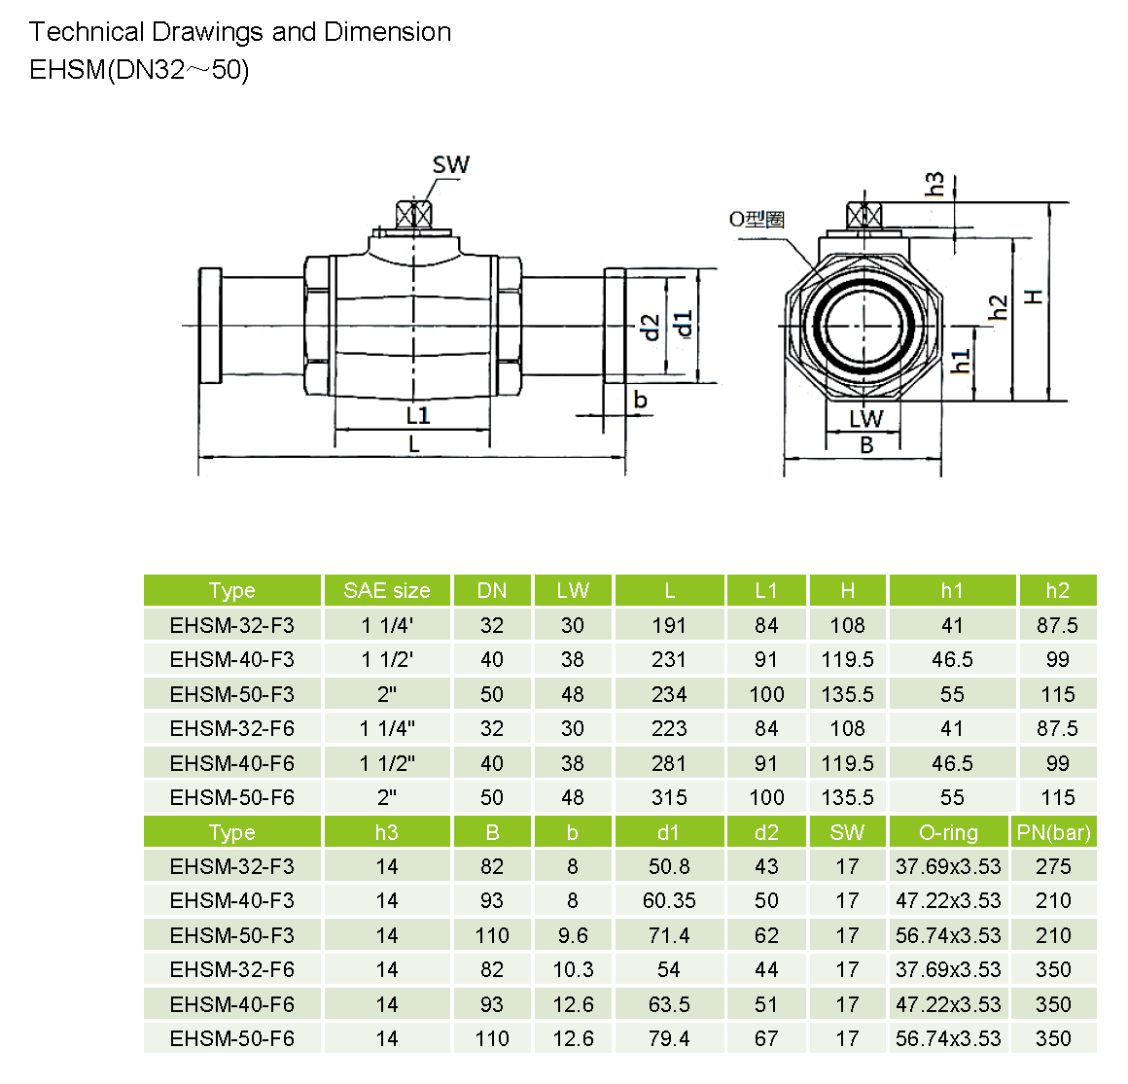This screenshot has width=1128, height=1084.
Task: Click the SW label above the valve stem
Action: click(x=450, y=165)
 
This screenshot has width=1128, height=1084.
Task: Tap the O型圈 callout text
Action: click(x=757, y=219)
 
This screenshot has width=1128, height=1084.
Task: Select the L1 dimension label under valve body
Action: click(x=418, y=416)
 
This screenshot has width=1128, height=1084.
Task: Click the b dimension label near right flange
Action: click(x=640, y=400)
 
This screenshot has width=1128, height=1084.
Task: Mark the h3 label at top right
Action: click(x=934, y=184)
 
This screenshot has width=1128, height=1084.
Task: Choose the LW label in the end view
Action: click(x=865, y=419)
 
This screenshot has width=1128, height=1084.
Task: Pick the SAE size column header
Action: click(x=386, y=591)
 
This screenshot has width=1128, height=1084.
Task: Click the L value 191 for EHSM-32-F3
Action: click(x=669, y=625)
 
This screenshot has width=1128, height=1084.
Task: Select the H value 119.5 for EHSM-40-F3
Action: click(x=847, y=660)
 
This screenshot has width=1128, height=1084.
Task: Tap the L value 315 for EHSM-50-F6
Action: click(x=669, y=798)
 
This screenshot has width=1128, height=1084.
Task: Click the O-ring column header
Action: click(x=948, y=833)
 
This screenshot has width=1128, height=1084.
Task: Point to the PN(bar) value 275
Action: click(x=1053, y=867)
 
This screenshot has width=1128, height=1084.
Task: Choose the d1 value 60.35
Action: click(x=669, y=901)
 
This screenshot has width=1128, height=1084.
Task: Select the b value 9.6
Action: click(x=573, y=936)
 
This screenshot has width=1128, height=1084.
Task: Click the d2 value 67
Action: click(x=766, y=1039)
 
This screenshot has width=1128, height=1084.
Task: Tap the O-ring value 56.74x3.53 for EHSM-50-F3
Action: click(x=948, y=936)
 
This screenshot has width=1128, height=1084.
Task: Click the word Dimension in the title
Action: click(x=387, y=32)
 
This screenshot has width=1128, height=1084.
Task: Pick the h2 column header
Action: click(x=1057, y=591)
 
